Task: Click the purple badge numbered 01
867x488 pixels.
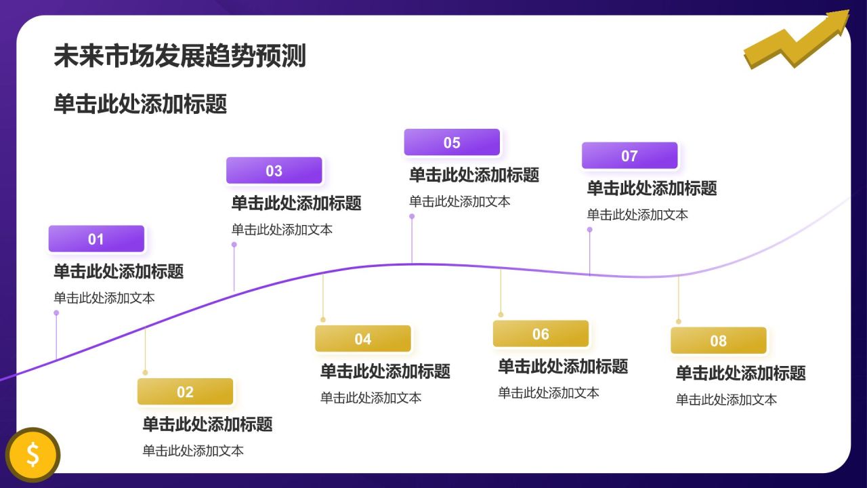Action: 96,239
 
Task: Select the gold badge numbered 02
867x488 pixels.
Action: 185,392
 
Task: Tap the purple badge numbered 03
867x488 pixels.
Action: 274,171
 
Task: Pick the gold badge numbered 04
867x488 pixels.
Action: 362,339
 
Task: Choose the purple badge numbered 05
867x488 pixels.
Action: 452,142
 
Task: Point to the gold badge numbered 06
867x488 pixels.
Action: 541,333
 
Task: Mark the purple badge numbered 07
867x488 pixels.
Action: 629,156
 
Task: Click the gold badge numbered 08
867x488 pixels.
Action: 718,341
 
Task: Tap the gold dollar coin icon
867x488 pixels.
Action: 33,454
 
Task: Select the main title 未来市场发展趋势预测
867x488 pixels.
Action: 179,56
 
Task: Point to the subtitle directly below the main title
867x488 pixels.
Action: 140,104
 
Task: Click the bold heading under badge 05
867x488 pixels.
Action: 474,175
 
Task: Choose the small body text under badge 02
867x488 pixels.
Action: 193,451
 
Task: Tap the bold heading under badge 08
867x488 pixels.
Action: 740,373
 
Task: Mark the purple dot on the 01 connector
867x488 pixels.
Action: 56,313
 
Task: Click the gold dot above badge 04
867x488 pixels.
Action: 323,319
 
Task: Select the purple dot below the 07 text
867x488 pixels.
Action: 589,230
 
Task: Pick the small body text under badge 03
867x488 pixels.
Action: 282,230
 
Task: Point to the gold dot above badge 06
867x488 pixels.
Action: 501,314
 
